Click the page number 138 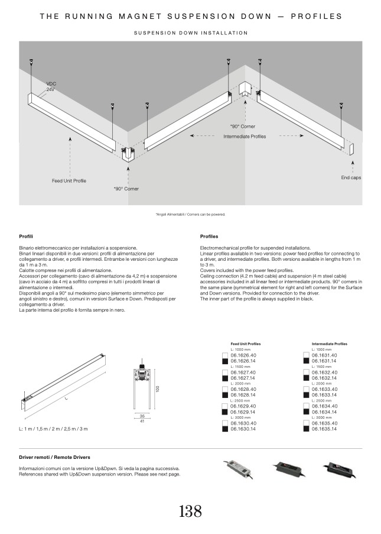(190, 511)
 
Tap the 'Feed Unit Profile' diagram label (69, 180)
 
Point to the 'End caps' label (351, 177)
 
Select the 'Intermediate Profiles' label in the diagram (245, 137)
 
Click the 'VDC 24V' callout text (51, 86)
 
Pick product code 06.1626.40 (243, 355)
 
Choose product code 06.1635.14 (324, 429)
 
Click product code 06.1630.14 (243, 429)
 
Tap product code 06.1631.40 (324, 355)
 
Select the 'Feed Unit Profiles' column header (246, 344)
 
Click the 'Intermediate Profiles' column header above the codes (330, 344)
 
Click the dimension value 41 (142, 421)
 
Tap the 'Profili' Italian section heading (25, 236)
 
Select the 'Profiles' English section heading (209, 236)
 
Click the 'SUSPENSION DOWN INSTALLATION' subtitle (190, 33)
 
